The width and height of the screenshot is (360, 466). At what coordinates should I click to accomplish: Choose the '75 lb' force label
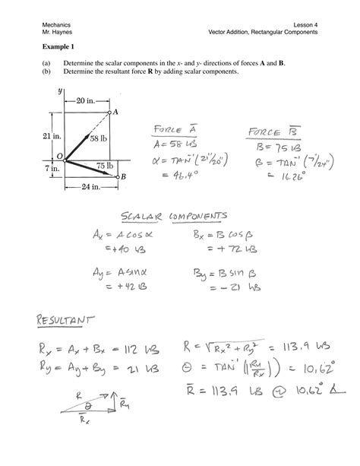click(105, 165)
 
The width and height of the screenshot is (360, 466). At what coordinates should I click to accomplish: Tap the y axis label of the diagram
click(60, 90)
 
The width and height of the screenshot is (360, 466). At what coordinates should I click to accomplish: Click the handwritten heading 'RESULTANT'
click(71, 314)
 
